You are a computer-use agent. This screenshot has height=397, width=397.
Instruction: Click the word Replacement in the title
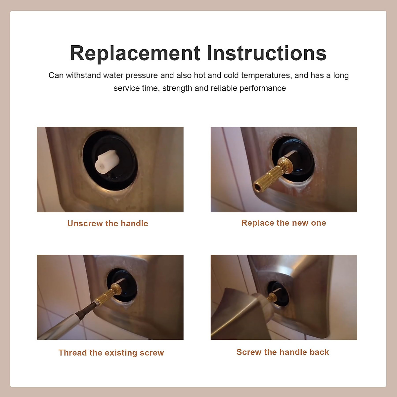[135, 53]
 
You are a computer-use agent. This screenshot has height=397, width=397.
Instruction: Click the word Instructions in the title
[266, 53]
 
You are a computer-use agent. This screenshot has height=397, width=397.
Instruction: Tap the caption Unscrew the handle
[108, 224]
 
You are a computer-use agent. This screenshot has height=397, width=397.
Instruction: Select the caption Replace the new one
[284, 223]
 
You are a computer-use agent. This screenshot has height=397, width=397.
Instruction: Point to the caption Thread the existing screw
[111, 353]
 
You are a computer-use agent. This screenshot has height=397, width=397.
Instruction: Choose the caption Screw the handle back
[283, 352]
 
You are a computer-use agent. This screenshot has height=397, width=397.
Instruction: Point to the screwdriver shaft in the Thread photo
[66, 324]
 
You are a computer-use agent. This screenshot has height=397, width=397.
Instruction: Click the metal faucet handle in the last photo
[242, 314]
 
